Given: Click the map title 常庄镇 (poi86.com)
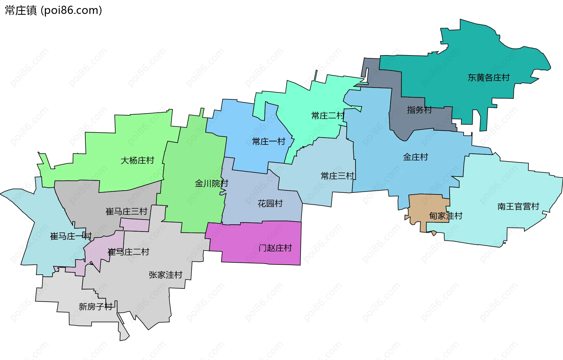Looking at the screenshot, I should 53,10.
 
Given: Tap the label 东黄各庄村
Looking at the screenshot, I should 489,78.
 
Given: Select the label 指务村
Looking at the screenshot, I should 419,110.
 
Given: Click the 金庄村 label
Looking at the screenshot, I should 416,157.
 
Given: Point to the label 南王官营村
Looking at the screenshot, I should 518,206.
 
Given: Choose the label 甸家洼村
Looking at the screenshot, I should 445,216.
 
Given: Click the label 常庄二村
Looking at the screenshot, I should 328,116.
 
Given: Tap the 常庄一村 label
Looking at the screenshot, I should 269,142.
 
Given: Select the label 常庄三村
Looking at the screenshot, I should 338,176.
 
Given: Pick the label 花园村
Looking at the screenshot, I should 270,203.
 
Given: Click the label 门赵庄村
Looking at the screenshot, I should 275,248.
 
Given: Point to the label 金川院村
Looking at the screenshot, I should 211,184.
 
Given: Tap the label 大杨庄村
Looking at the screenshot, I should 137,160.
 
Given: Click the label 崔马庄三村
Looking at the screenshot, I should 126,211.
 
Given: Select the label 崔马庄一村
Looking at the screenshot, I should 71,236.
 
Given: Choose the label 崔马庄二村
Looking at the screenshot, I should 128,252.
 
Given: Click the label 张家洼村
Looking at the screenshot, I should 165,275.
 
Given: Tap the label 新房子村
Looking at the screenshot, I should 96,307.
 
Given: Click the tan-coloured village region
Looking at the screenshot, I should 425,205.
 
